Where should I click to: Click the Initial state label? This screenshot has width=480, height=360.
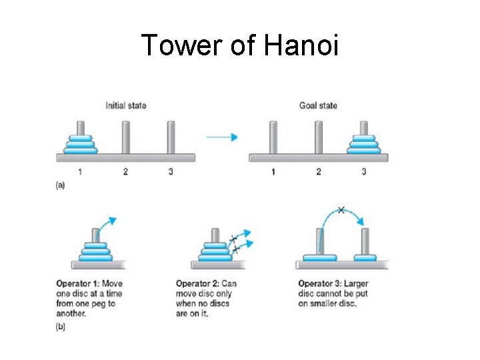click(125, 105)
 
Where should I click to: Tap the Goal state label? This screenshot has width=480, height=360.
click(318, 105)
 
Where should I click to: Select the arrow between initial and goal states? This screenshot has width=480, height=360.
click(222, 137)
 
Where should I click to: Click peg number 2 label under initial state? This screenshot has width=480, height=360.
click(125, 172)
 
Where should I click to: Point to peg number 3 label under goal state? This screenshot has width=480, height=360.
click(363, 172)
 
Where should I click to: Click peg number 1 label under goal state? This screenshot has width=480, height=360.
click(273, 172)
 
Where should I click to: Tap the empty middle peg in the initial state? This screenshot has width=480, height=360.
click(125, 137)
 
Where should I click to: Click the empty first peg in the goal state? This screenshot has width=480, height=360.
click(273, 137)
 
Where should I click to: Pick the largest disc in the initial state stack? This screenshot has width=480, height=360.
click(81, 150)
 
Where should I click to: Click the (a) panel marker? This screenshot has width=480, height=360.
click(60, 186)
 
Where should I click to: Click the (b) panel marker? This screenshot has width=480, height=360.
click(60, 327)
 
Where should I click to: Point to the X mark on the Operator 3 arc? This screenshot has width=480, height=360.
click(341, 210)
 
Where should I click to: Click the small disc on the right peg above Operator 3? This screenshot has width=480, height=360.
click(365, 257)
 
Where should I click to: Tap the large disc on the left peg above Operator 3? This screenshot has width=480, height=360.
click(319, 257)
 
